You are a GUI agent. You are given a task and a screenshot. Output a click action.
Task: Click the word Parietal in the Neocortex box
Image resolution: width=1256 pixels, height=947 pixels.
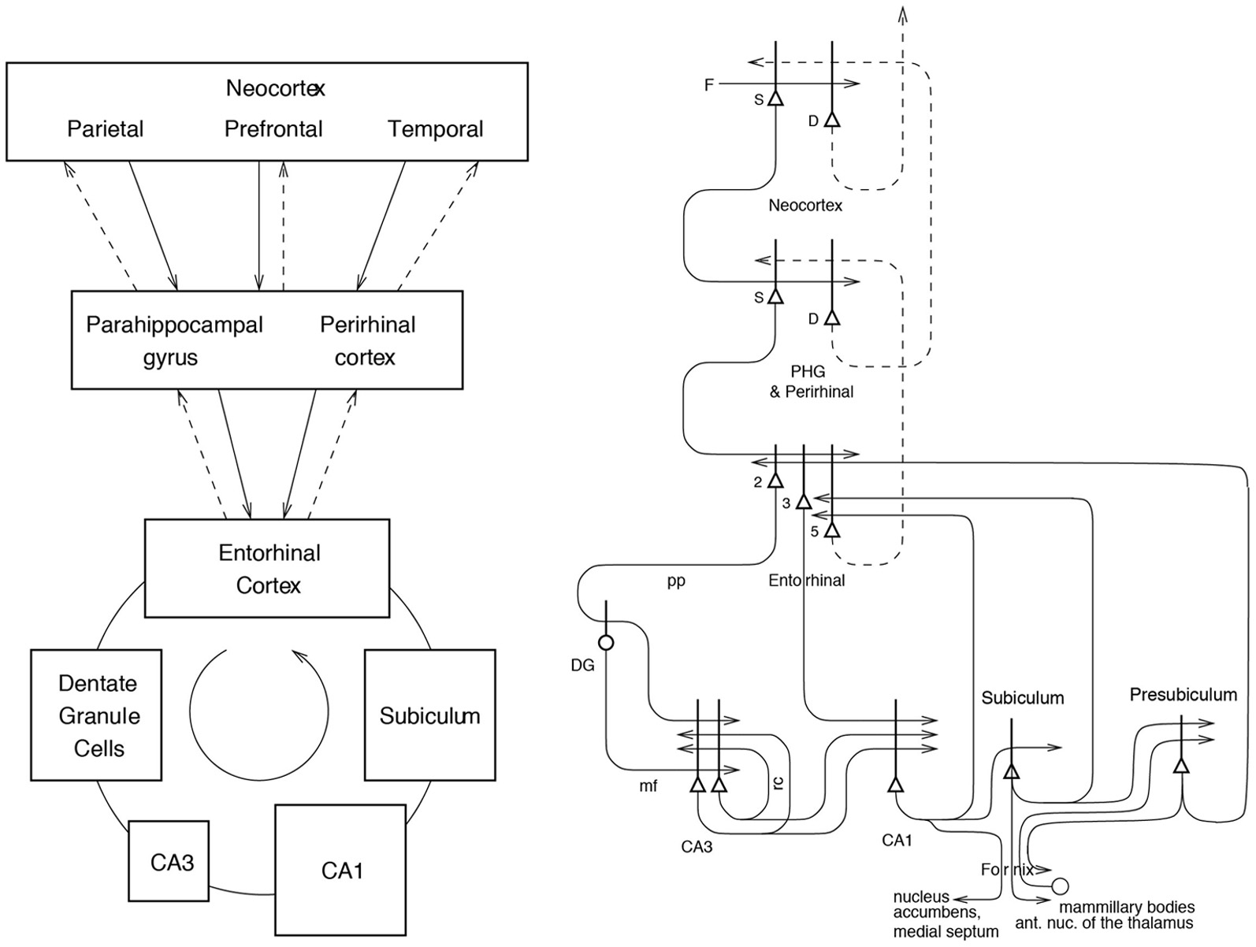105,128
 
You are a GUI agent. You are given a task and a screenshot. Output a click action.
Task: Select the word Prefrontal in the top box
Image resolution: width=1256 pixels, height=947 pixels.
273,128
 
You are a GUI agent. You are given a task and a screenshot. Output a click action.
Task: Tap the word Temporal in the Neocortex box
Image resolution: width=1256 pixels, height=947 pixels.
435,128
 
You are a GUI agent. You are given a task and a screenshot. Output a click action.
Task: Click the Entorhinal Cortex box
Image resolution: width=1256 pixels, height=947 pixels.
267,568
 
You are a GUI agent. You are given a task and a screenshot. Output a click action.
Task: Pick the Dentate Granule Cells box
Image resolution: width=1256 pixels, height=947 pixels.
96,715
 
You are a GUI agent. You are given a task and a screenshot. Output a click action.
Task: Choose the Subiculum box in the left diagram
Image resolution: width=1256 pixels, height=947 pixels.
429,715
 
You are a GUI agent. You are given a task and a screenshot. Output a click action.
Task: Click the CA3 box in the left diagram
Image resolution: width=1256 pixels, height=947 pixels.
169,861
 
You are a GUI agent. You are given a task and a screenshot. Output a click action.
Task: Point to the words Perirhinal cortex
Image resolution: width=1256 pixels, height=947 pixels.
366,340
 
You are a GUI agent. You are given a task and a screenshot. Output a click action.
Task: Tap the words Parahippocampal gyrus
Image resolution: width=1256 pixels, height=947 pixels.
173,340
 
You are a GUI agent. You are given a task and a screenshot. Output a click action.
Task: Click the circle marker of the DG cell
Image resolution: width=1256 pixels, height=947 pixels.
606,643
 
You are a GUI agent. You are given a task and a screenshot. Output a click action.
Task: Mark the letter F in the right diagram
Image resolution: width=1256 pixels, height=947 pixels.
708,84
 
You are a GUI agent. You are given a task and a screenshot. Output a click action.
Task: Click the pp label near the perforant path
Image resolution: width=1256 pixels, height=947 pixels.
675,581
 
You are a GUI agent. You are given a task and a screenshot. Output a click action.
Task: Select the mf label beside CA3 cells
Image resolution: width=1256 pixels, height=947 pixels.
648,785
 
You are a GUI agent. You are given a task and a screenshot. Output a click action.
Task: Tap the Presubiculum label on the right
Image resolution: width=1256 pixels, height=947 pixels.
1183,694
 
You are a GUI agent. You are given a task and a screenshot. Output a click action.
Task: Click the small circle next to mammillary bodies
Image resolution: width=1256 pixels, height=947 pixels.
1061,886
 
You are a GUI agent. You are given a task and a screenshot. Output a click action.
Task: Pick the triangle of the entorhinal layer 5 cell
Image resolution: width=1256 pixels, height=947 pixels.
832,530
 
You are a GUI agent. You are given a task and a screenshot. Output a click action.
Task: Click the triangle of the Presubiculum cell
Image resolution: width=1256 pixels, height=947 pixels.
1180,765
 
